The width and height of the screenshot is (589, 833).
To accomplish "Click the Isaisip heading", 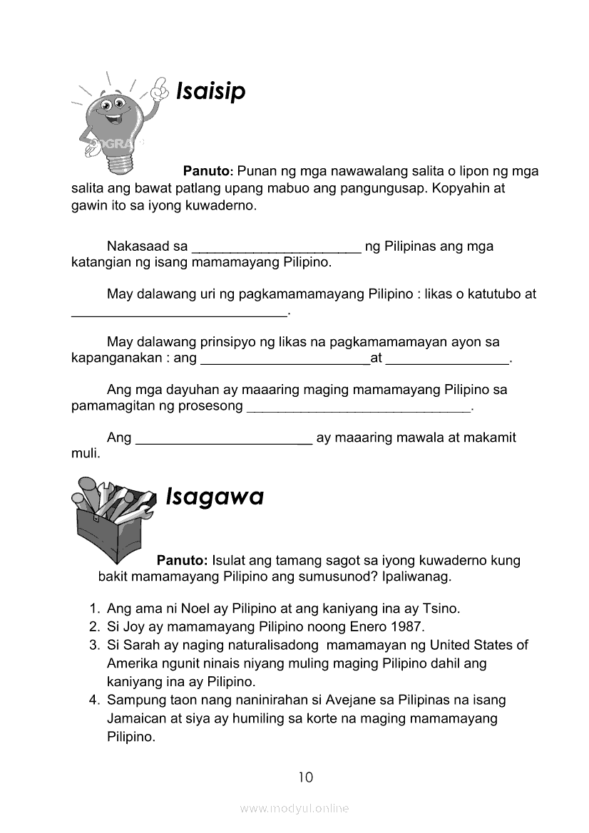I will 210,92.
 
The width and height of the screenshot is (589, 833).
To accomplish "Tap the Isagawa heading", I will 214,496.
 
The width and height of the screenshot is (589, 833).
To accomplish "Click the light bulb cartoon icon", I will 114,125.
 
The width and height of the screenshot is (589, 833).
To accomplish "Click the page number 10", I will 305,777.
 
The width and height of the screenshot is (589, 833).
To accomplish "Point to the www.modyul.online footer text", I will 294,808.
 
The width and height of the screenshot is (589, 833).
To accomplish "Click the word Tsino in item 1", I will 441,609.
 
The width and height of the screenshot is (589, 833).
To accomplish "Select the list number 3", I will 94,645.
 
